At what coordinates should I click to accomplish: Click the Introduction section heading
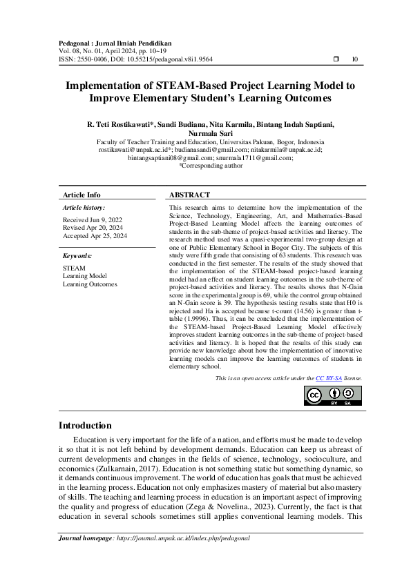tap(85, 425)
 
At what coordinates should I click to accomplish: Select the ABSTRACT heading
tap(189, 195)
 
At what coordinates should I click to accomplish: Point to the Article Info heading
tap(82, 195)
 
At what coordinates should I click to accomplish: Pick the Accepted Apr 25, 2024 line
tap(95, 236)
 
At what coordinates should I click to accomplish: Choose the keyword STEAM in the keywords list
tap(75, 267)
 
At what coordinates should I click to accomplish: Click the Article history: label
tap(84, 207)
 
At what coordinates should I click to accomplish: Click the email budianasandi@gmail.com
tap(211, 149)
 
